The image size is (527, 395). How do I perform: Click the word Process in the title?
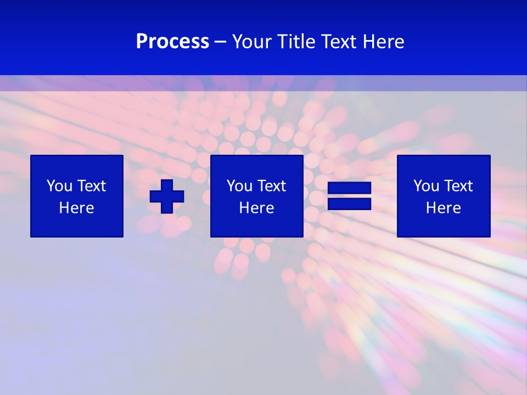pos(172,42)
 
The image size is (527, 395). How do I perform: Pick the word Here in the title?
pos(384,42)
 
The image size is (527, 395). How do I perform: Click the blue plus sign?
pos(167,196)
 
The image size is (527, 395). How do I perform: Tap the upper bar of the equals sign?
pos(349,188)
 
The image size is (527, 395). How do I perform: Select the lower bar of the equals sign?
pos(349,204)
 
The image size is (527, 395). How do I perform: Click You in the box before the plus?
pos(59,186)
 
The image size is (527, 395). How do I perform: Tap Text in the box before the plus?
pos(91,186)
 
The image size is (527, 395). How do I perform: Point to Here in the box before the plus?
pos(77,208)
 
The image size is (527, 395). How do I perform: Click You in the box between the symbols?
pos(239,186)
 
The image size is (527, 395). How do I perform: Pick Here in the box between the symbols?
pos(257,208)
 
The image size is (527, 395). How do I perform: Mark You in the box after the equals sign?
pos(426,186)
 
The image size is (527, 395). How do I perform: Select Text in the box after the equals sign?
pos(458,186)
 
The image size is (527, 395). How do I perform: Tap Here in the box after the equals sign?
pos(444,208)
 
